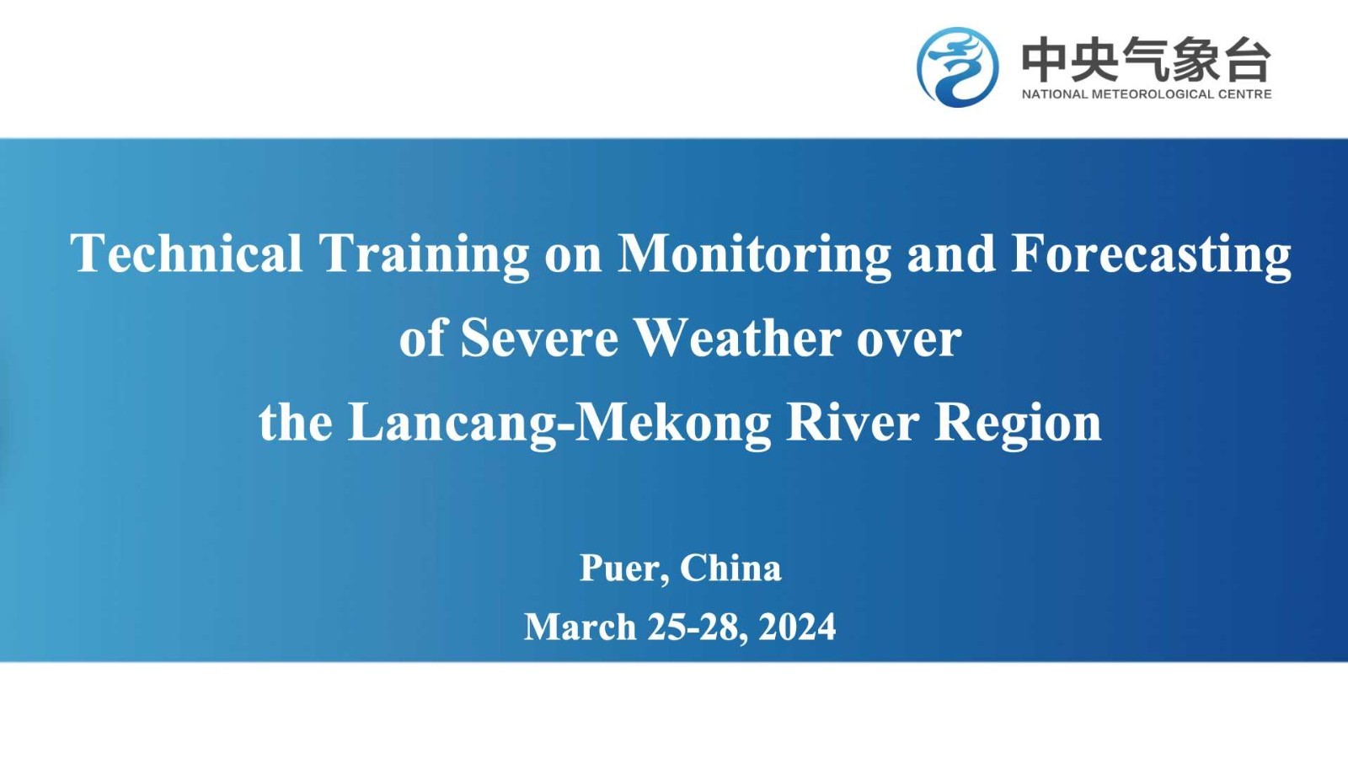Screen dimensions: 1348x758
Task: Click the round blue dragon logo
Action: pos(957,67)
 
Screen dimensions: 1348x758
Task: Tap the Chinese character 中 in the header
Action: pos(1045,59)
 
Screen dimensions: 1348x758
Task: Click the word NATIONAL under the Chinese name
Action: pos(1054,93)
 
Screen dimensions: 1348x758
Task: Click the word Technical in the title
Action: pos(186,254)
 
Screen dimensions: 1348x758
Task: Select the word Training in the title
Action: pos(425,257)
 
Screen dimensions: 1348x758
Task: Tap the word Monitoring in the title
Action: pos(755,257)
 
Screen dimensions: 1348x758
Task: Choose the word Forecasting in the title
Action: pos(1151,257)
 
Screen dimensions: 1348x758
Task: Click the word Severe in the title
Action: pos(539,338)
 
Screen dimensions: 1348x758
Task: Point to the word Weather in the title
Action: pos(738,338)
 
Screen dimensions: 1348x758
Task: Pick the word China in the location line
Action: pos(731,568)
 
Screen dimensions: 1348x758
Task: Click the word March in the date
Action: pos(580,627)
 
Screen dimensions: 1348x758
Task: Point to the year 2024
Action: pos(797,627)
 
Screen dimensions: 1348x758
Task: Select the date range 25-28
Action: pos(698,628)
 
